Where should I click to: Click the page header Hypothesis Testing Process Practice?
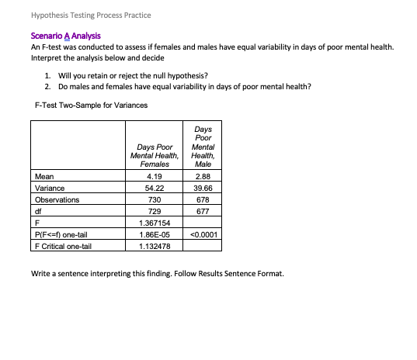tap(81, 16)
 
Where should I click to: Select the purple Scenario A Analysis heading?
tap(65, 36)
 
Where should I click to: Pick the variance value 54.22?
tap(154, 189)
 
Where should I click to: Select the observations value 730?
tap(154, 199)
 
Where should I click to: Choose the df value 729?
tap(154, 211)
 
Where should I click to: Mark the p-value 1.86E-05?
tap(154, 234)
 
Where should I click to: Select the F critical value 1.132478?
tap(154, 246)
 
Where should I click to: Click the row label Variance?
tap(50, 189)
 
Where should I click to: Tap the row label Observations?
tap(57, 199)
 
